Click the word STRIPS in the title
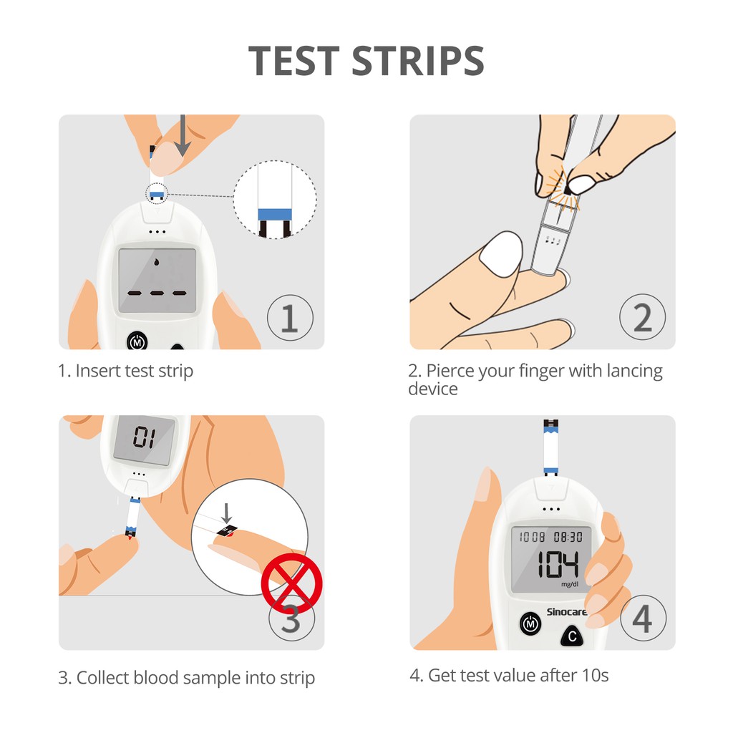click(417, 60)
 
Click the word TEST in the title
click(293, 60)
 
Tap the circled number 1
click(291, 318)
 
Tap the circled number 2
click(643, 317)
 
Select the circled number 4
click(644, 618)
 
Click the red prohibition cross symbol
click(292, 583)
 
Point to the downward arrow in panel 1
click(183, 135)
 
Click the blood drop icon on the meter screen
click(157, 262)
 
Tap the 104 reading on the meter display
click(558, 564)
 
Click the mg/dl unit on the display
click(570, 584)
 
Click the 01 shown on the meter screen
click(144, 437)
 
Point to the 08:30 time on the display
click(568, 537)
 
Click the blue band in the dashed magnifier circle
click(275, 215)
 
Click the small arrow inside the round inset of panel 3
click(227, 513)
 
